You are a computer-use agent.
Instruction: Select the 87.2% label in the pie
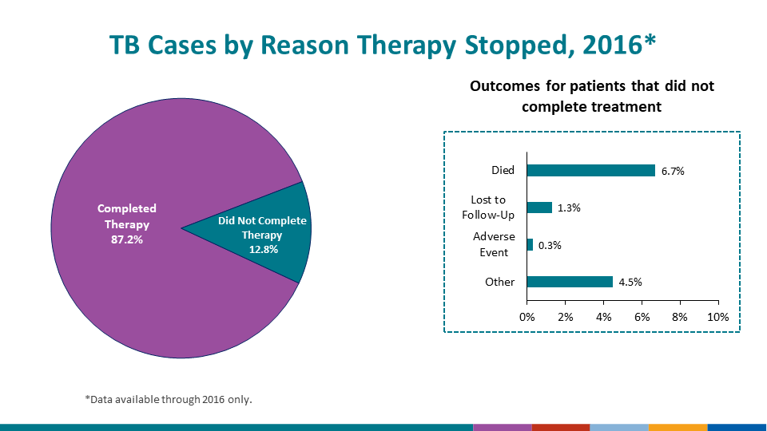[x=127, y=239]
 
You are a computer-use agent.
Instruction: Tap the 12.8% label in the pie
[x=262, y=249]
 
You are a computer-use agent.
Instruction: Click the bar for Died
[x=590, y=170]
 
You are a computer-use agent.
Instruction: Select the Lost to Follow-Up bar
[x=539, y=208]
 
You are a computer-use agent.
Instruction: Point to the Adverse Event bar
[x=530, y=245]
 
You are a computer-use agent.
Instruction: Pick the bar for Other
[x=570, y=282]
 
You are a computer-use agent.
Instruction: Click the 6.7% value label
[x=673, y=171]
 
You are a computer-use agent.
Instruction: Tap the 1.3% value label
[x=569, y=208]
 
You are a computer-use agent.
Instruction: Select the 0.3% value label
[x=550, y=246]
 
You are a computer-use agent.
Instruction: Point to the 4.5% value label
[x=630, y=282]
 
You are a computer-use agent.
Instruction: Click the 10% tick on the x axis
[x=718, y=317]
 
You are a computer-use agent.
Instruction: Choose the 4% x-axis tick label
[x=604, y=317]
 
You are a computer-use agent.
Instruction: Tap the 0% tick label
[x=527, y=317]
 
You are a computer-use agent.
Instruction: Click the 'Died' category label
[x=503, y=170]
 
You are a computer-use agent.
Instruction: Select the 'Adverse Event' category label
[x=494, y=244]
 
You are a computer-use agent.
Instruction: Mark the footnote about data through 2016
[x=169, y=399]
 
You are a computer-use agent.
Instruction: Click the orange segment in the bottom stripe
[x=678, y=427]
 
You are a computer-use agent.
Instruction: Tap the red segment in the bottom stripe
[x=560, y=427]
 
